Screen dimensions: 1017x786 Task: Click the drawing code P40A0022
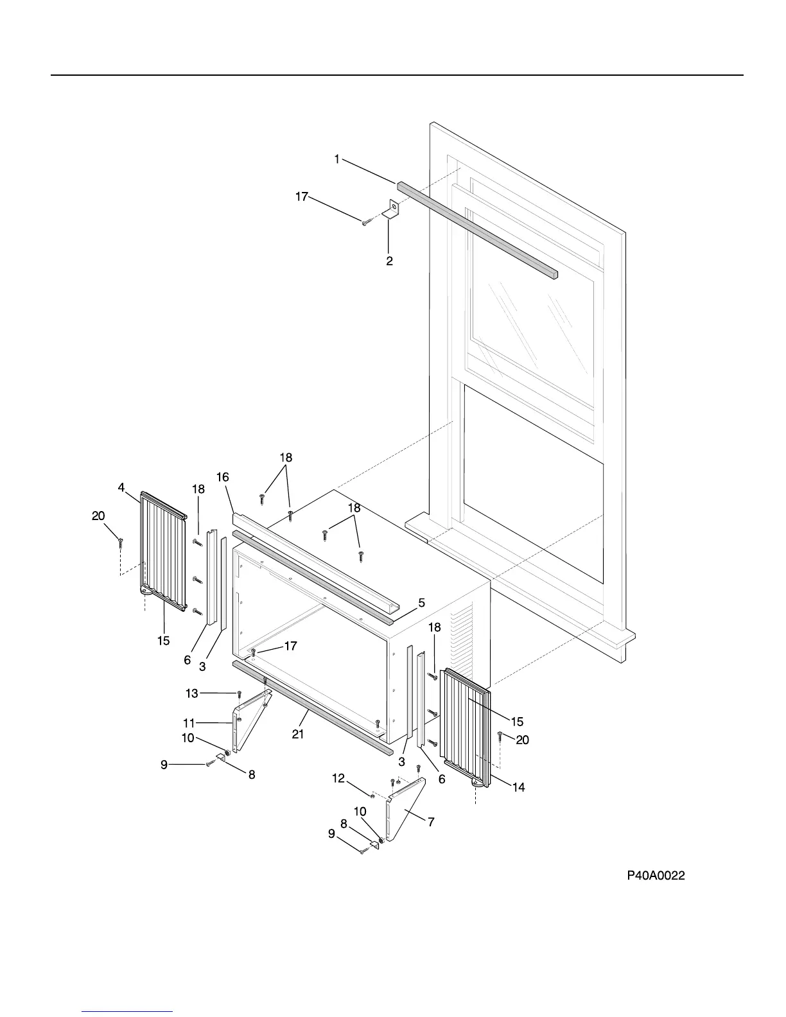656,875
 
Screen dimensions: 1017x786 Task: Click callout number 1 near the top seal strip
337,159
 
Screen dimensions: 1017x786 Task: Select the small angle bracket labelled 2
391,209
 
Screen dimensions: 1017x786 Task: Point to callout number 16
223,477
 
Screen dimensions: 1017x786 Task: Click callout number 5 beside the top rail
421,603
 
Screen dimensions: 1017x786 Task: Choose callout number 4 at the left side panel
121,487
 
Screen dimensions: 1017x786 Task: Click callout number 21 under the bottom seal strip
298,734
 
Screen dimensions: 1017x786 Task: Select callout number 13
192,693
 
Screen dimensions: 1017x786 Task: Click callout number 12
338,778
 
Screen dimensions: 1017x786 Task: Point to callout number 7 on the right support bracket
431,822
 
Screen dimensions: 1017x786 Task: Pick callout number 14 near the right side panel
518,787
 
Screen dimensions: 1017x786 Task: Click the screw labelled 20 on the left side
120,543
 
